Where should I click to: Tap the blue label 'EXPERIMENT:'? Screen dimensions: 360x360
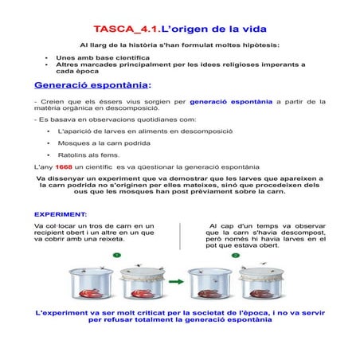click(61, 214)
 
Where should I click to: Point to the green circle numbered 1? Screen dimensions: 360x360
click(116, 255)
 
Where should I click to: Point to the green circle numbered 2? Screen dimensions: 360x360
click(236, 255)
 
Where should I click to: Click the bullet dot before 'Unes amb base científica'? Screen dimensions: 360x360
click(47, 58)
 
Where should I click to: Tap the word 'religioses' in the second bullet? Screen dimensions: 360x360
click(225, 65)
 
